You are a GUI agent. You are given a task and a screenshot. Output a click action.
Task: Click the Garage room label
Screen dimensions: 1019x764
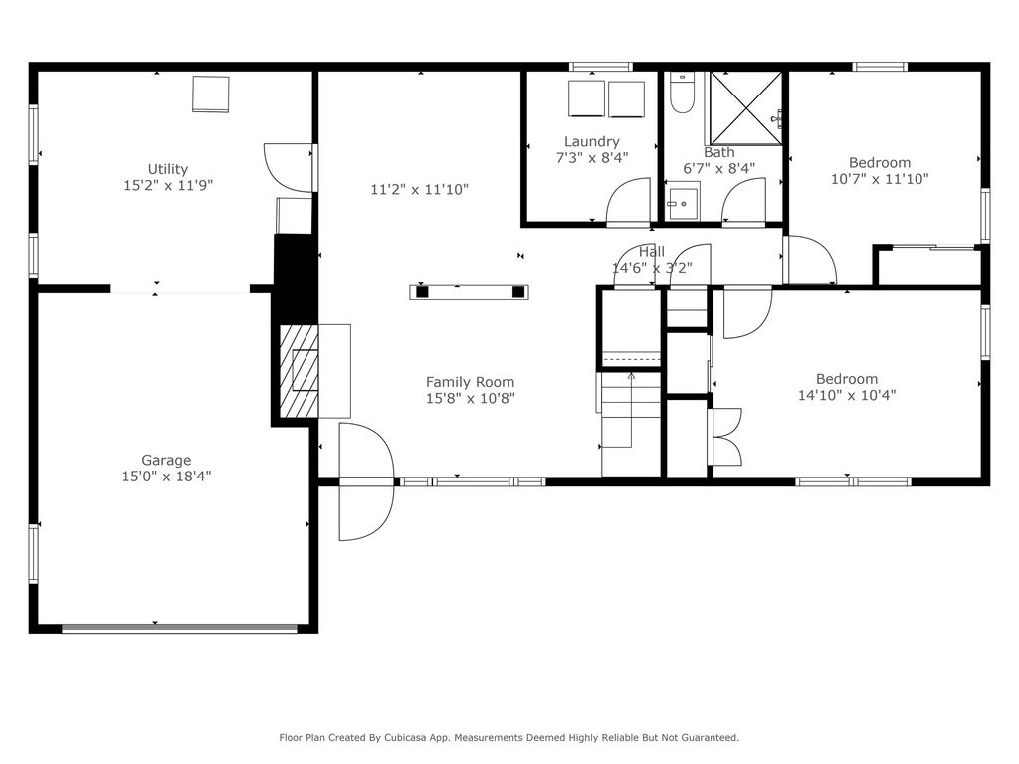point(166,461)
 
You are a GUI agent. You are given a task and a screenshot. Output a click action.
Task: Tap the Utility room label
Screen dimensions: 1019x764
point(167,169)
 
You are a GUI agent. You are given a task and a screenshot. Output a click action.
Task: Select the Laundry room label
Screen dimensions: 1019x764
point(591,141)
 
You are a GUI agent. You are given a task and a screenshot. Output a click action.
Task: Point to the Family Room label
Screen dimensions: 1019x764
point(470,382)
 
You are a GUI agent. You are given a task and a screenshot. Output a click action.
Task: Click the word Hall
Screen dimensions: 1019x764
point(651,252)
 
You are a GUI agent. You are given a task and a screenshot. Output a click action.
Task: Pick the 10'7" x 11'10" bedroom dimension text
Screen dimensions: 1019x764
point(880,179)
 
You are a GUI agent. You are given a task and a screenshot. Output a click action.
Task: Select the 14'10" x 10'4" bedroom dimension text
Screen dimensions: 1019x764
point(847,395)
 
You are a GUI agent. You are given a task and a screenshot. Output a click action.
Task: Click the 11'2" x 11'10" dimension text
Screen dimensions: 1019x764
point(420,190)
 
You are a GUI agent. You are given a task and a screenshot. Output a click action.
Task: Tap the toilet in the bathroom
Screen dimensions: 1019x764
point(682,94)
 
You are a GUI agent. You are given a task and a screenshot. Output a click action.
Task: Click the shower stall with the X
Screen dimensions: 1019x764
point(746,108)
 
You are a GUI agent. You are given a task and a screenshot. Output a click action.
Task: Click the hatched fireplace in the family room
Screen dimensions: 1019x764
point(299,371)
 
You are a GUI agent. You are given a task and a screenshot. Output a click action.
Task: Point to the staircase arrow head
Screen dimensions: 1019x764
point(631,375)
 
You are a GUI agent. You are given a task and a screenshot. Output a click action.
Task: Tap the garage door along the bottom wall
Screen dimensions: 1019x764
point(179,629)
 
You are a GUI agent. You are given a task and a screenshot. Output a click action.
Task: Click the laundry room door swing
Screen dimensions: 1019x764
point(628,201)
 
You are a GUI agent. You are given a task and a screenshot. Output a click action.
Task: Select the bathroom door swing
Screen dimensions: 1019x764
point(743,201)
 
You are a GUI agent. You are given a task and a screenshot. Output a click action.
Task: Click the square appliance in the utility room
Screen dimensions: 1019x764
point(211,95)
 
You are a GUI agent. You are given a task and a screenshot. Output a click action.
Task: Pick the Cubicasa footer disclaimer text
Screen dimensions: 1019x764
point(509,737)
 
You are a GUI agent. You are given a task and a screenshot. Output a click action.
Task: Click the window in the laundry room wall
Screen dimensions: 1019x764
point(600,67)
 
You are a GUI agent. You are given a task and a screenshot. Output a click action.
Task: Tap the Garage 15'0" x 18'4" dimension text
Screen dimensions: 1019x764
point(166,477)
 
